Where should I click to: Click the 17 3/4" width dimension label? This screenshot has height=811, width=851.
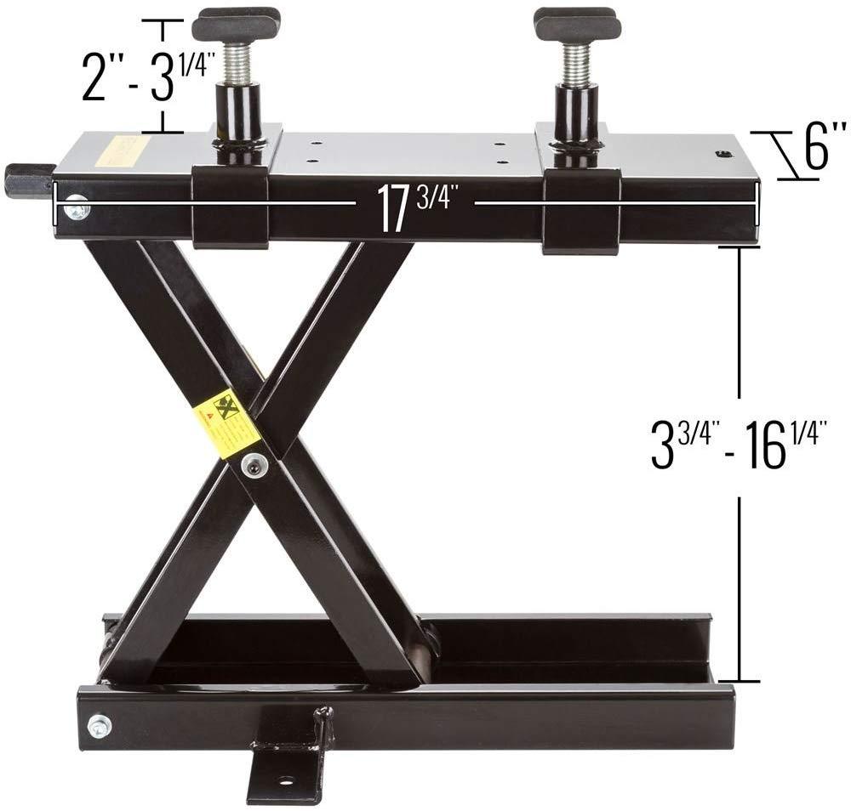tap(414, 207)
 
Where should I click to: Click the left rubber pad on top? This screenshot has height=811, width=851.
tap(236, 25)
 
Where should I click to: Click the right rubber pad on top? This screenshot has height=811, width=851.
tap(576, 25)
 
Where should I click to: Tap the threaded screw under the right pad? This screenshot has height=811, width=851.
tap(576, 63)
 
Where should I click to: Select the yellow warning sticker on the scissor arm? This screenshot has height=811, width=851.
tap(226, 423)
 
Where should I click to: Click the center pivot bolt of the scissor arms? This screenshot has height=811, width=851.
tap(253, 463)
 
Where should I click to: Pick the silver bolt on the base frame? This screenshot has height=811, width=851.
tap(100, 725)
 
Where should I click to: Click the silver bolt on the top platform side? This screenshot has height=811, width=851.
tap(77, 206)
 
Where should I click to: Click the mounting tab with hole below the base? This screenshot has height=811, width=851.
tap(286, 769)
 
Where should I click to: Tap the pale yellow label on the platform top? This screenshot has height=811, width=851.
tap(117, 150)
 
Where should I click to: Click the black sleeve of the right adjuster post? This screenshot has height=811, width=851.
tap(576, 114)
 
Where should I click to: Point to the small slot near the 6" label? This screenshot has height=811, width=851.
tap(723, 153)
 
